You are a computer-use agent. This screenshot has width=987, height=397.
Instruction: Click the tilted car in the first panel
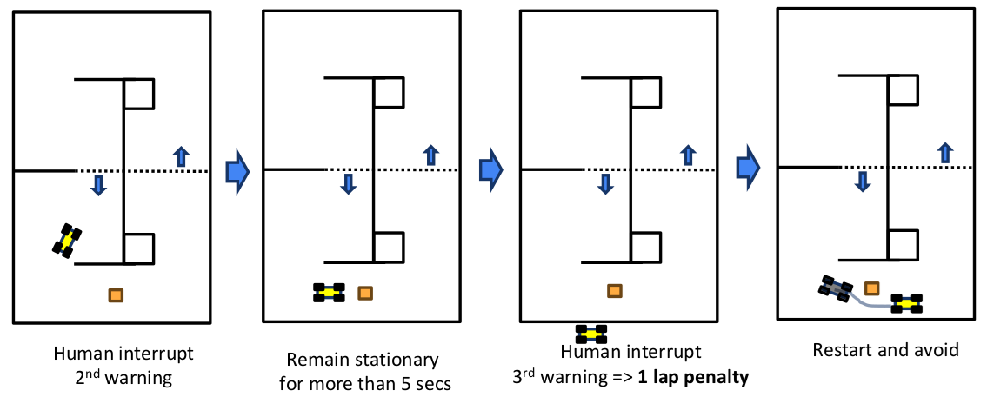[67, 240]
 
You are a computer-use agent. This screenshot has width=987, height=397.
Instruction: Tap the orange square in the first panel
[115, 295]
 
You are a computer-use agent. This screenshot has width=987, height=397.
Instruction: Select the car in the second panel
[329, 293]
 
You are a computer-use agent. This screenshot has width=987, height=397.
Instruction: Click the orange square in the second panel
[365, 293]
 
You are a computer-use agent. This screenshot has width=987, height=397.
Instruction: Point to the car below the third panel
[591, 334]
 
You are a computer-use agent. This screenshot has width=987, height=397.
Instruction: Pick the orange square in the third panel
[614, 291]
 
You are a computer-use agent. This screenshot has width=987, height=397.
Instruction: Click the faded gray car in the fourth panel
[836, 288]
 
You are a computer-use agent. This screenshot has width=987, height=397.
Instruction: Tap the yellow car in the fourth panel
[906, 303]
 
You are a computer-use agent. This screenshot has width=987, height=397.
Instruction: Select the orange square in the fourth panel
[870, 288]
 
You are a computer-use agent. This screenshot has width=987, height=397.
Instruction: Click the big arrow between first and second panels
[237, 170]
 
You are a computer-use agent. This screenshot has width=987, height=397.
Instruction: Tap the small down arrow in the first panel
[99, 184]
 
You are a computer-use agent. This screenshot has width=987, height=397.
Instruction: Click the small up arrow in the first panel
[181, 156]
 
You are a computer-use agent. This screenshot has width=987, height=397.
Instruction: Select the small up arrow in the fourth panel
[944, 152]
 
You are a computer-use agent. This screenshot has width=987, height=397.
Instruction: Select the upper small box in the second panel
[388, 93]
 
